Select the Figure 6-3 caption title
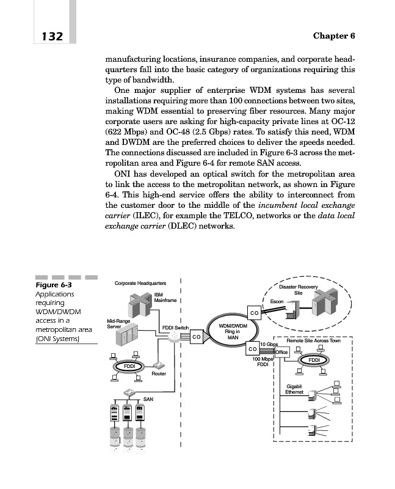[x=54, y=285]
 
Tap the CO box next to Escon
[x=253, y=313]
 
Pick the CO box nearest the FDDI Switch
[x=197, y=337]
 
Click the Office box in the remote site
[x=281, y=353]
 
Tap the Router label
[x=159, y=373]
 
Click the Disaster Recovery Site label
[x=298, y=290]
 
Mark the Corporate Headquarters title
[x=140, y=284]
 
